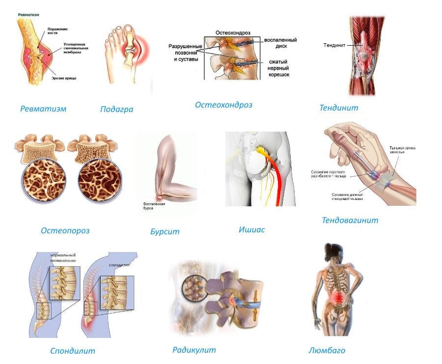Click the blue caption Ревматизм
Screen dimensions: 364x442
pos(43,109)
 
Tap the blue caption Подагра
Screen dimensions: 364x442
pos(116,109)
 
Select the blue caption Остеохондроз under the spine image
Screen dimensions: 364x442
pos(223,105)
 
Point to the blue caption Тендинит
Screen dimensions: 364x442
pos(339,108)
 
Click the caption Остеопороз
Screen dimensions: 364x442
pos(65,230)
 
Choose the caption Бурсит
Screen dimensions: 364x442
pos(165,231)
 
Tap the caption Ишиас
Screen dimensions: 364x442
pos(251,229)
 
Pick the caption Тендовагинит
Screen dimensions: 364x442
pos(350,220)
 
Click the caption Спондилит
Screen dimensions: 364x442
pos(73,351)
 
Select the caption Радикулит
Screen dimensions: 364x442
pos(194,350)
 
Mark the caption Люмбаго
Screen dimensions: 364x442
pos(327,350)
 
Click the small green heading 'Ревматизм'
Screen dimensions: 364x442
pos(29,15)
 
